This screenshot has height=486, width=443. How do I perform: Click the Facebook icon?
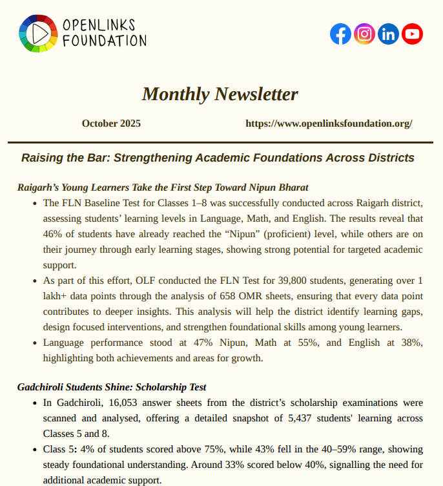click(340, 34)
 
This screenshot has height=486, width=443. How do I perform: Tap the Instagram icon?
click(364, 34)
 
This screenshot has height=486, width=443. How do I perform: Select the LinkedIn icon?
click(388, 34)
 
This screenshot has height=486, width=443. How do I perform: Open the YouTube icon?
click(412, 34)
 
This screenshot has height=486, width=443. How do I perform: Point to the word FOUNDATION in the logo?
click(105, 41)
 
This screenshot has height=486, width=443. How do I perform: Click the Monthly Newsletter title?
click(220, 94)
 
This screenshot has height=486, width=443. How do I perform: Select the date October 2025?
click(111, 123)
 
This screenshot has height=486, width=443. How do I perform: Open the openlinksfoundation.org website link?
click(329, 123)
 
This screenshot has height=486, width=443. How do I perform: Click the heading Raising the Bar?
click(218, 158)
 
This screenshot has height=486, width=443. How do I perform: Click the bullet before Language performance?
click(34, 343)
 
